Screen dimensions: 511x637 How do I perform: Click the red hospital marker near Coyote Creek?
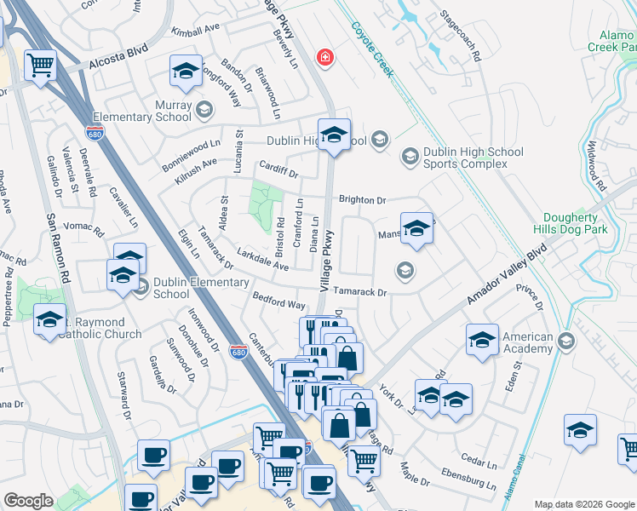324,58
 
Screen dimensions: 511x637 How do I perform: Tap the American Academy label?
527,343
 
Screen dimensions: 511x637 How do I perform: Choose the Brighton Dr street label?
362,200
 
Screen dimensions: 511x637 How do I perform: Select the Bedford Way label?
278,300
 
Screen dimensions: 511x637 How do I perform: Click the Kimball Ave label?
195,31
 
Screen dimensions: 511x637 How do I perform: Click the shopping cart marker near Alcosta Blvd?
41,64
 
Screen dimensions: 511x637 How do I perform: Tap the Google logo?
29,501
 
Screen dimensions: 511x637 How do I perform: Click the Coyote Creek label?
374,49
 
